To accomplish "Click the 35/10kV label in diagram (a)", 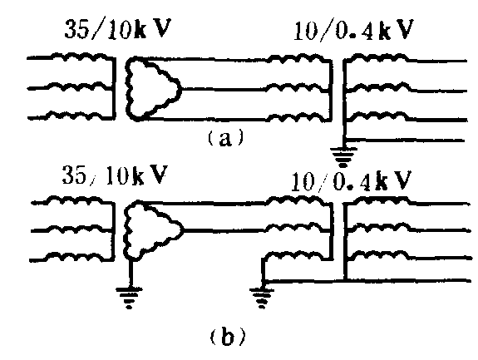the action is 118,29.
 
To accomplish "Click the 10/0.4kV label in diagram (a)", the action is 353,31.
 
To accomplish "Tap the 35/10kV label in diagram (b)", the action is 115,175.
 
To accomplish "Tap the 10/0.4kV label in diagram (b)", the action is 351,181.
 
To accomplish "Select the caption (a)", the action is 226,138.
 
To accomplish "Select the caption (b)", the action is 228,335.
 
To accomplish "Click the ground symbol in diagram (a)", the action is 343,157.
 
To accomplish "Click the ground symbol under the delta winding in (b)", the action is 129,298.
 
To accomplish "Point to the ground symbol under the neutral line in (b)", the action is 262,298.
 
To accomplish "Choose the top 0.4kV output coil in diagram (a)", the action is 377,57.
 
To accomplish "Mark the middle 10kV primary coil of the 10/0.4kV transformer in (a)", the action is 296,88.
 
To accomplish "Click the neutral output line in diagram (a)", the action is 406,141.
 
